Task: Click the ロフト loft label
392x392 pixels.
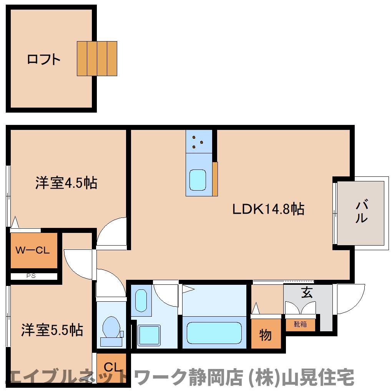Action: tap(44, 60)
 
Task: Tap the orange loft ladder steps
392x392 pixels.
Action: tap(97, 58)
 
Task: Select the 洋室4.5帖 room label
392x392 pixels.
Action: tap(66, 183)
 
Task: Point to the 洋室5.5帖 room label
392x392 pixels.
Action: tap(52, 330)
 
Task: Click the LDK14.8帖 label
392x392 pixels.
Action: tap(269, 209)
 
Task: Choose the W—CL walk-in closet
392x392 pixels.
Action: tap(34, 251)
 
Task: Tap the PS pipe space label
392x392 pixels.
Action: tap(31, 276)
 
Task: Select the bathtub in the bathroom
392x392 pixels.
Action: tap(214, 332)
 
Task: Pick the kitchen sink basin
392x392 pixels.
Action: tap(198, 180)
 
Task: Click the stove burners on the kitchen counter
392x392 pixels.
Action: tap(198, 142)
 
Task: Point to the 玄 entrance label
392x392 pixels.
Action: tap(307, 293)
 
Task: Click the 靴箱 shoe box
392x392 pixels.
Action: tap(300, 324)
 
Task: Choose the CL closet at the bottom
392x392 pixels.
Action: tap(111, 368)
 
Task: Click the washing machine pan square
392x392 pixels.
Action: tap(149, 335)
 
